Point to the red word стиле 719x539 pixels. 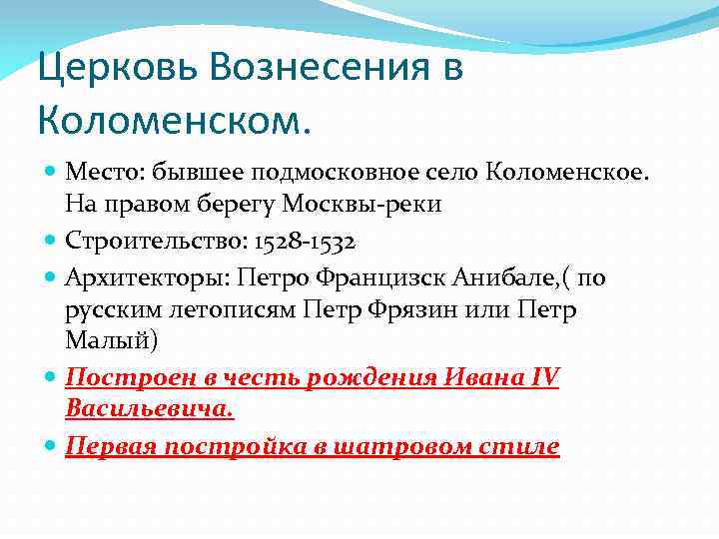[x=525, y=446]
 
